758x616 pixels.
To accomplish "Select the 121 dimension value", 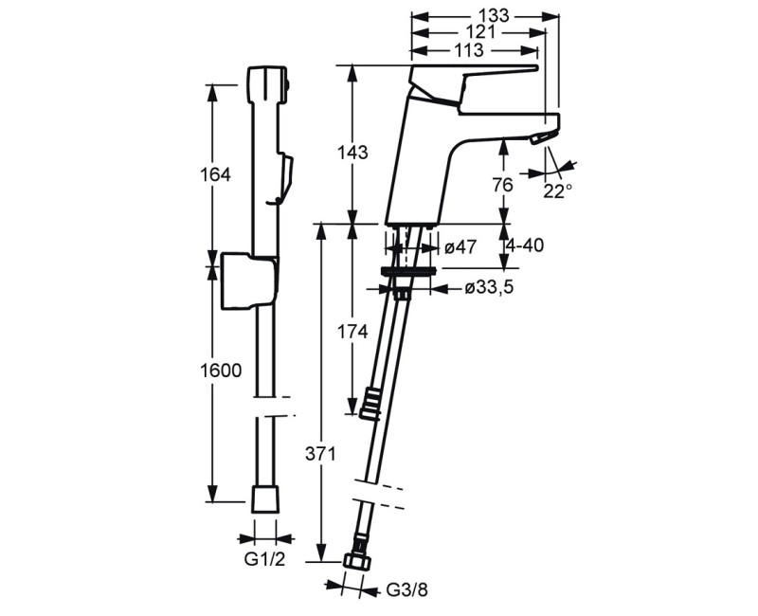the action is [x=480, y=32].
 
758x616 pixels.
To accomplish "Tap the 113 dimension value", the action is [x=469, y=50].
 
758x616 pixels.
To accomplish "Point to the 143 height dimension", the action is [x=352, y=153].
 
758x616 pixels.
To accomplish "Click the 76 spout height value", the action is [x=503, y=185].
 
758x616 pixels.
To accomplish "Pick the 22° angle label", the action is [x=557, y=191].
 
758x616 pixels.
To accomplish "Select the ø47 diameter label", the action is [x=460, y=247].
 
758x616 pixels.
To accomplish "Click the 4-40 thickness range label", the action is [x=525, y=245].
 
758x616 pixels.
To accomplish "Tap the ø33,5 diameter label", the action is [x=489, y=288].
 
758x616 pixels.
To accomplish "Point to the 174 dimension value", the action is [x=352, y=332].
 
